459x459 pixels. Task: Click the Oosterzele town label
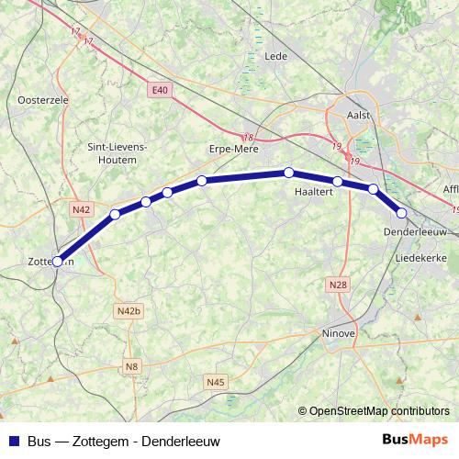click(39, 98)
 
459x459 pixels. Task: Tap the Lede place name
click(275, 56)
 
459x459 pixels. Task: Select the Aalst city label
click(359, 115)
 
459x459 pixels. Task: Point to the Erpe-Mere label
click(235, 149)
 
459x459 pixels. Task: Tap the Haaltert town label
click(312, 192)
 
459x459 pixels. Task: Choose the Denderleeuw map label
click(415, 232)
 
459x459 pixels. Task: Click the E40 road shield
click(161, 90)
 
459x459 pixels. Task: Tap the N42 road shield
click(81, 210)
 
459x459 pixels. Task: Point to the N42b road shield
click(129, 311)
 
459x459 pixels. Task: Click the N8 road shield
click(132, 367)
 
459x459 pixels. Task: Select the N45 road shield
click(216, 381)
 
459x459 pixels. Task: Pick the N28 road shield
click(338, 285)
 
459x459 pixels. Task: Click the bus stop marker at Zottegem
click(57, 261)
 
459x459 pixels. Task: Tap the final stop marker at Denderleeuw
click(401, 213)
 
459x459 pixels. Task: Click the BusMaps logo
click(414, 440)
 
